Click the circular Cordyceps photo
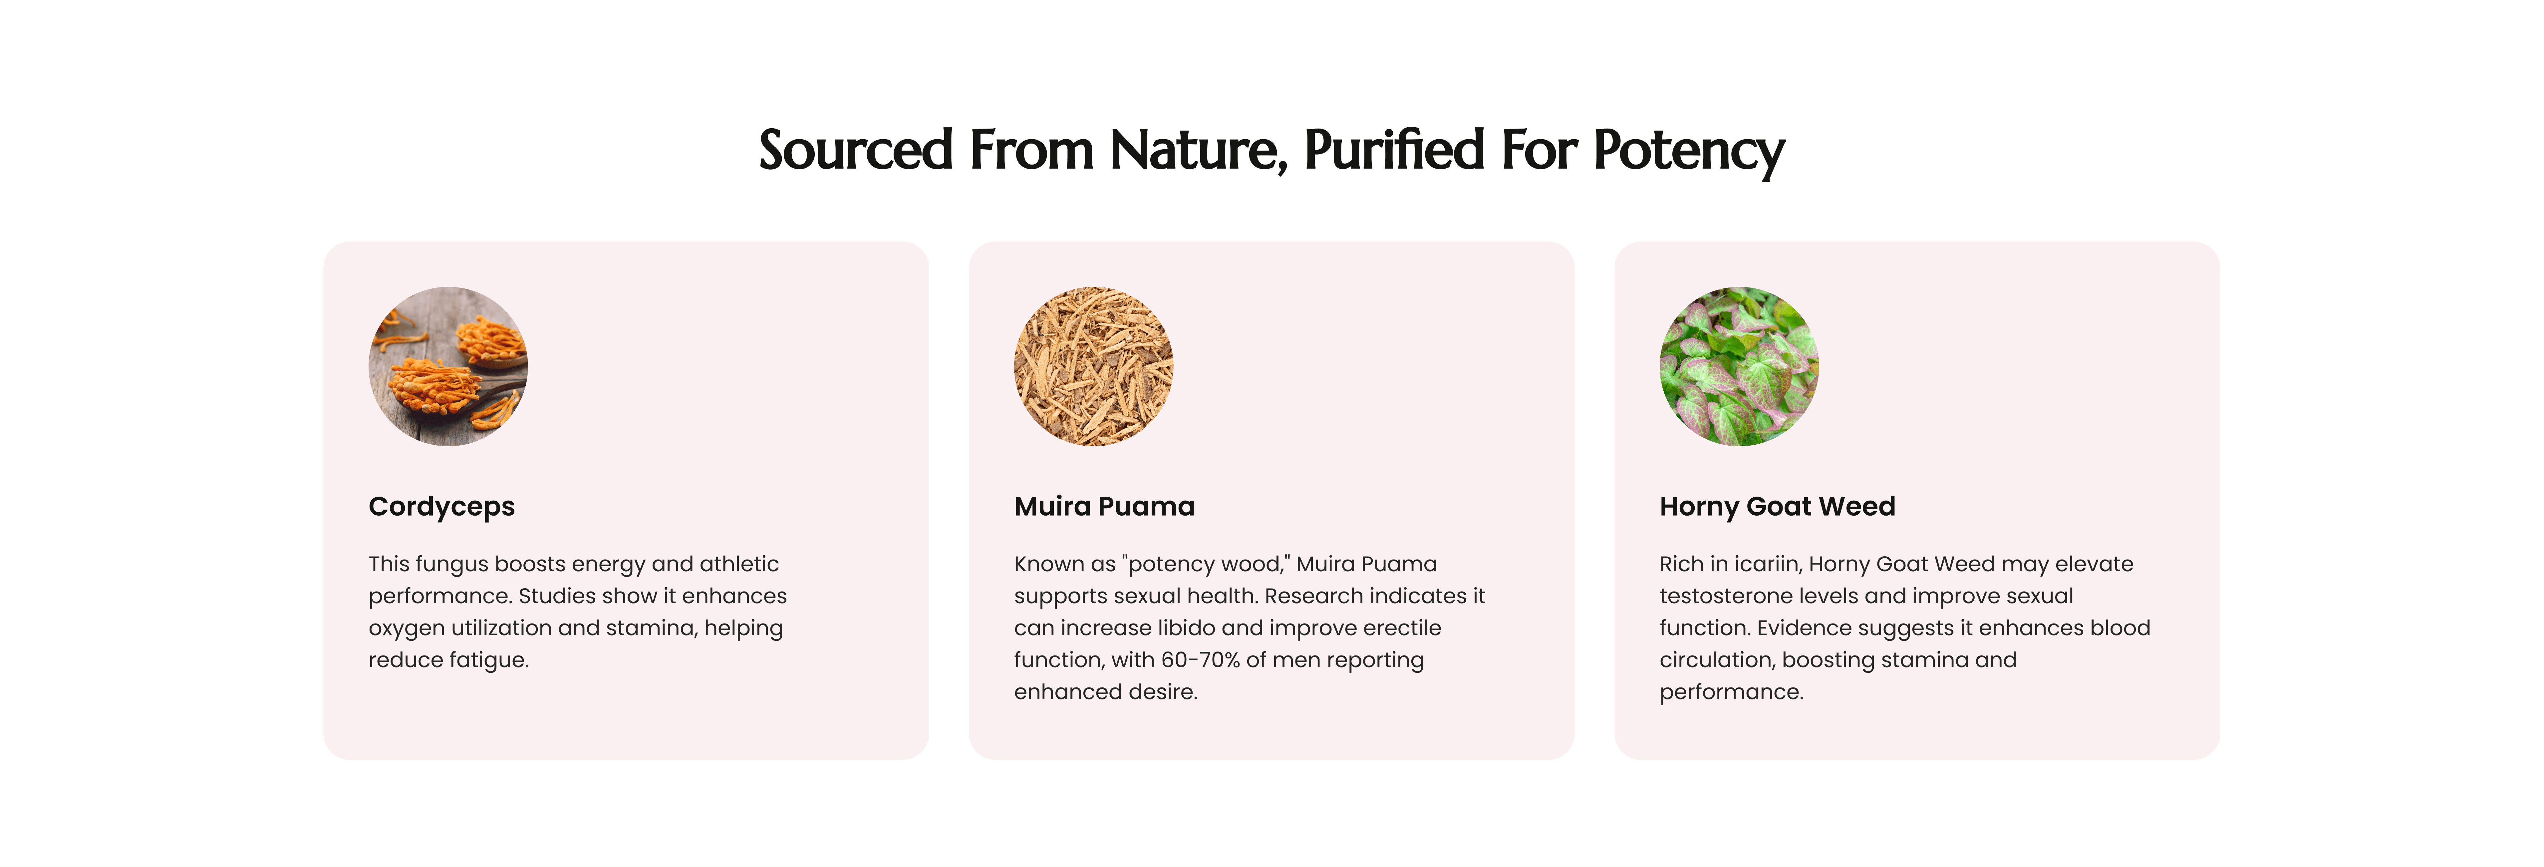coord(448,366)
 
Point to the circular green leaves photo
coord(1739,366)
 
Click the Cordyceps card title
coord(441,507)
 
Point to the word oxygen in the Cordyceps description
coord(407,629)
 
